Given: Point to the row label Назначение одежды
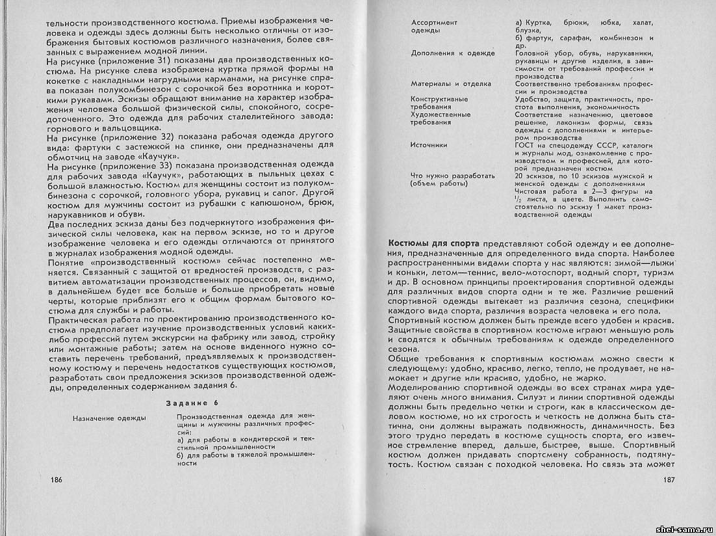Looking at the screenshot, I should pyautogui.click(x=109, y=418).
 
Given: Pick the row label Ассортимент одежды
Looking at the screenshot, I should pyautogui.click(x=434, y=26).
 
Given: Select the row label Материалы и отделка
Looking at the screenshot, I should pyautogui.click(x=451, y=84).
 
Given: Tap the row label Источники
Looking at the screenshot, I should pyautogui.click(x=429, y=144).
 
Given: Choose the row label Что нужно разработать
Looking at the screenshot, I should pyautogui.click(x=453, y=176).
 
